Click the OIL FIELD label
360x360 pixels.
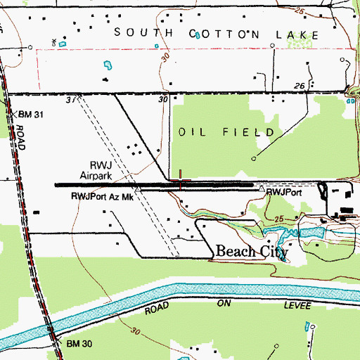230,131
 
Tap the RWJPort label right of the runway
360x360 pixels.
283,191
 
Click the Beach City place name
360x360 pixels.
251,252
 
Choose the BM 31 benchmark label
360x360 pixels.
32,115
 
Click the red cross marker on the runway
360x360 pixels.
181,182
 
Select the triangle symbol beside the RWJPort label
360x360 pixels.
262,190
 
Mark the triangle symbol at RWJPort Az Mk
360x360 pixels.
139,190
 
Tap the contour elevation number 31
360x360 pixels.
70,101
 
